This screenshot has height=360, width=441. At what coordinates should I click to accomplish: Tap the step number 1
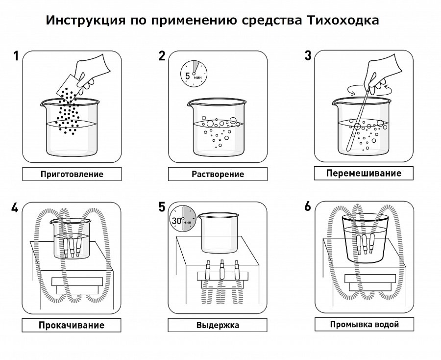pos(16,56)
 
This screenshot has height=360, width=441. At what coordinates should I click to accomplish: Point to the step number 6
pos(307,206)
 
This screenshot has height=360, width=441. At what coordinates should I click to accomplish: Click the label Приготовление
pos(72,174)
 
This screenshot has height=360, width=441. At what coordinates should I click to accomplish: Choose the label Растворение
pos(218,174)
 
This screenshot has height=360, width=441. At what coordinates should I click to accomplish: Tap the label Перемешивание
pos(363,173)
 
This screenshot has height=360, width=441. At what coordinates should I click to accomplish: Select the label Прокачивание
pos(72,325)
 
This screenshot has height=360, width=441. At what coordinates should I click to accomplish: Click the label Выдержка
pos(218,325)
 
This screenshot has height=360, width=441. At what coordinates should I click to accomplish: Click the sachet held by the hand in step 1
pos(68,88)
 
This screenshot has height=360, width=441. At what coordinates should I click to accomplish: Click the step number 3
pos(308,56)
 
